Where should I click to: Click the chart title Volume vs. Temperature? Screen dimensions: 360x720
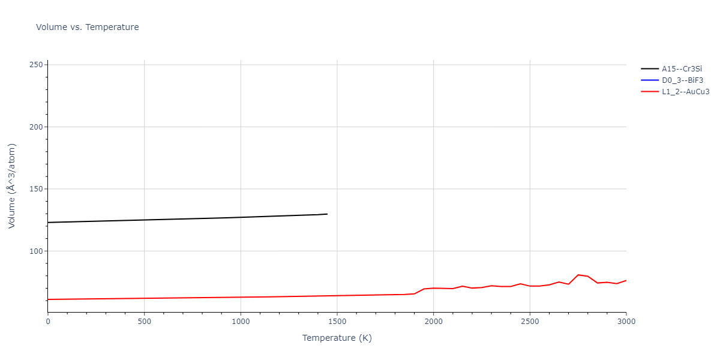point(88,27)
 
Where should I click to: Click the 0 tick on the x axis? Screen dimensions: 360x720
point(48,322)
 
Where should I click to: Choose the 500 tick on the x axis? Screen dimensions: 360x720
point(144,322)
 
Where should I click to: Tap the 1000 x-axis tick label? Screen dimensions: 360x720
point(241,322)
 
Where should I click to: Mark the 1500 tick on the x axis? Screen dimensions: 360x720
point(337,322)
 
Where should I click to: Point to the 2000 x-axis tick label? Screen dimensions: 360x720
point(433,322)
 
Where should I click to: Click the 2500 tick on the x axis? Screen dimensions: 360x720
point(530,322)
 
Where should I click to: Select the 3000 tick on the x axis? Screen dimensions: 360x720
point(626,322)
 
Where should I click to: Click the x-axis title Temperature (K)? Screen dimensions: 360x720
point(337,338)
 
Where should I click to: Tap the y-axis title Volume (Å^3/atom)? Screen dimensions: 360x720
point(12,186)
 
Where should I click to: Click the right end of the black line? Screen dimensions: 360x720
point(327,214)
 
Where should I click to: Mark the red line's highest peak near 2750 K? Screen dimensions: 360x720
point(578,275)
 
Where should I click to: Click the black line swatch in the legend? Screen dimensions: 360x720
point(649,69)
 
